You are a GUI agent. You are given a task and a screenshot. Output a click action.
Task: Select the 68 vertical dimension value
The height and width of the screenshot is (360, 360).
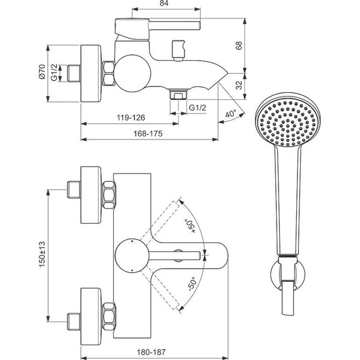[239, 46]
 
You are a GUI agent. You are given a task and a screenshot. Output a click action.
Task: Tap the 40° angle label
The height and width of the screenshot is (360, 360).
[231, 114]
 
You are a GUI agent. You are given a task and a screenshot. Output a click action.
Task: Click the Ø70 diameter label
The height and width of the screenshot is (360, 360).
[40, 74]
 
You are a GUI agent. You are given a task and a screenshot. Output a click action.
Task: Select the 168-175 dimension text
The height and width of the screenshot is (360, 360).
[149, 133]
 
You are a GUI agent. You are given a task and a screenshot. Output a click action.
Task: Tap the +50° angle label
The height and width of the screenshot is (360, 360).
[188, 225]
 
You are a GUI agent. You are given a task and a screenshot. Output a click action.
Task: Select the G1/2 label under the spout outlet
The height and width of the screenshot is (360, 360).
[198, 108]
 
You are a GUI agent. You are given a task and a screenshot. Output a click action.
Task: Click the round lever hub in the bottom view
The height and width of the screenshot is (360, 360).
[128, 255]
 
